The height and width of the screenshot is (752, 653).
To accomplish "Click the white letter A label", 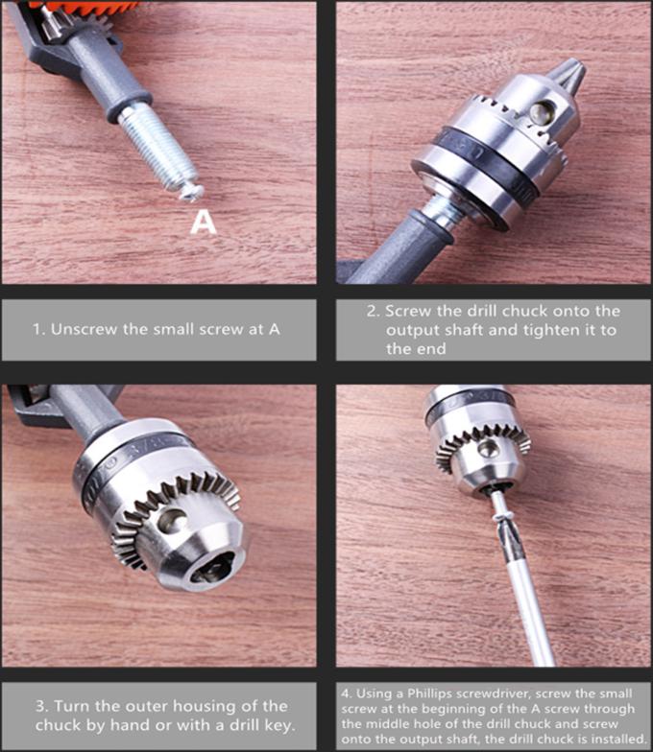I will click(204, 223).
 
